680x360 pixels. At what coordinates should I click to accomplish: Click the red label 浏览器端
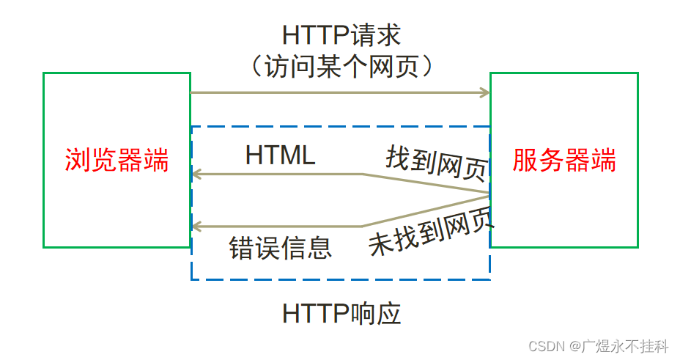coord(117,160)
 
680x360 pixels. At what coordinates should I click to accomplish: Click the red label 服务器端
coord(564,160)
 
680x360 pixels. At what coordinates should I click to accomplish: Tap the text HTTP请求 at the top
coord(341,34)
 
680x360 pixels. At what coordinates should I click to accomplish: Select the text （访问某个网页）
coord(341,67)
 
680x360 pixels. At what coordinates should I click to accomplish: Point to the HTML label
coord(280,155)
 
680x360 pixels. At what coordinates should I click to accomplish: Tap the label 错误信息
coord(281,248)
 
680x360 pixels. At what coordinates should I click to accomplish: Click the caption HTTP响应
coord(341,314)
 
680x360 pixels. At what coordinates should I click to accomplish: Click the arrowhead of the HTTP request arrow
coord(486,92)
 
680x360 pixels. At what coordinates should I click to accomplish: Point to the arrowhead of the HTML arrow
coord(196,175)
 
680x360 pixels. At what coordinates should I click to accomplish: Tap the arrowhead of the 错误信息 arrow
coord(196,226)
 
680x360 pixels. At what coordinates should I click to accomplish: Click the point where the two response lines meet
coord(489,194)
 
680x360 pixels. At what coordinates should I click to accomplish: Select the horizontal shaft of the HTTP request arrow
coord(337,92)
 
